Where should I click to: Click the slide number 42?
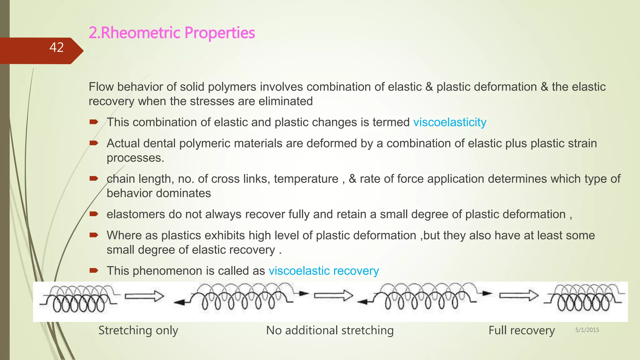pyautogui.click(x=57, y=47)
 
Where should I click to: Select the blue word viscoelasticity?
pyautogui.click(x=450, y=122)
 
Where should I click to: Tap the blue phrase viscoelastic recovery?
pyautogui.click(x=324, y=271)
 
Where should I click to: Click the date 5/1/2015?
pyautogui.click(x=587, y=330)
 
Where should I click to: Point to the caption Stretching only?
pyautogui.click(x=138, y=330)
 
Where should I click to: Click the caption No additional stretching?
pyautogui.click(x=330, y=330)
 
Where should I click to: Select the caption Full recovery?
pyautogui.click(x=522, y=330)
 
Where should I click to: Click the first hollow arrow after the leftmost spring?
pyautogui.click(x=144, y=296)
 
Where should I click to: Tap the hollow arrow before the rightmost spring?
pyautogui.click(x=519, y=295)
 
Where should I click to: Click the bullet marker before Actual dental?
pyautogui.click(x=94, y=143)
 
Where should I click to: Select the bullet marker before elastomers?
pyautogui.click(x=94, y=214)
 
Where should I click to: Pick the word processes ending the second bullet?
pyautogui.click(x=135, y=158)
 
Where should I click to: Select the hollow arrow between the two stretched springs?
pyautogui.click(x=333, y=295)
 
